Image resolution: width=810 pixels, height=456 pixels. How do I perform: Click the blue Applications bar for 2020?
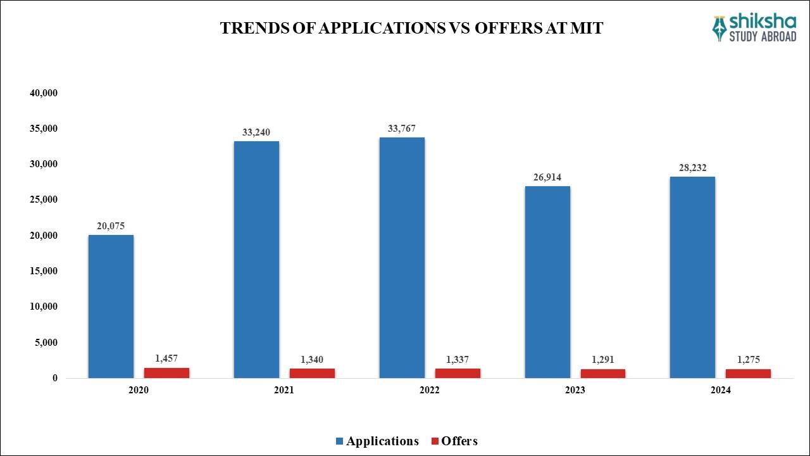111,307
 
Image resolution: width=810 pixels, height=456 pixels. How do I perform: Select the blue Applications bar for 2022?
402,258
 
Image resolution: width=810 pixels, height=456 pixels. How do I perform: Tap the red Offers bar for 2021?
312,373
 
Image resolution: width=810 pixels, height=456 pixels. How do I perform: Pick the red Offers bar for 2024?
748,374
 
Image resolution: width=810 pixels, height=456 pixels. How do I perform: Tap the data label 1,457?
167,358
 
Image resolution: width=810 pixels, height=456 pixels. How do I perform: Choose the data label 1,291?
603,360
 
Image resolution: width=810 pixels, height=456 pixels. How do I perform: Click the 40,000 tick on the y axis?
44,93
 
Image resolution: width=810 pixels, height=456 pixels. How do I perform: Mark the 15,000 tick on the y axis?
44,271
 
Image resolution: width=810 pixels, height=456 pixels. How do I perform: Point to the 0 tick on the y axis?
55,378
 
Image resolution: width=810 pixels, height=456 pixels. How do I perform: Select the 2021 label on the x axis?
284,391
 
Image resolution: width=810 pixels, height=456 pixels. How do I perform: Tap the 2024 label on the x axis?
720,391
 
